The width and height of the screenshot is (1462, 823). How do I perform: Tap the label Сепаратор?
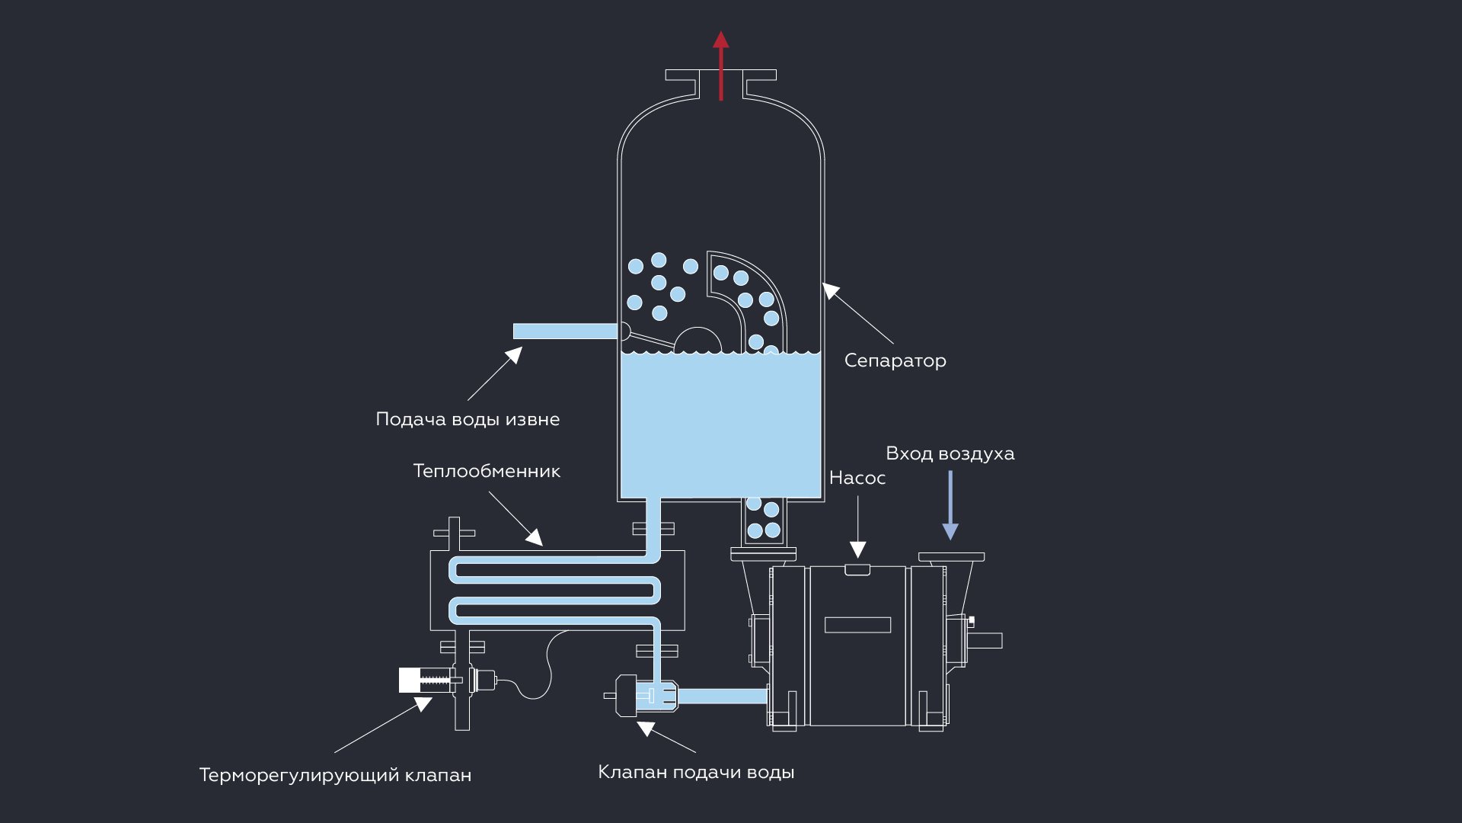895,360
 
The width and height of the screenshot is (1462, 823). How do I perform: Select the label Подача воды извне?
468,419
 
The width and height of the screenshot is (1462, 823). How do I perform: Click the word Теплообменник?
487,471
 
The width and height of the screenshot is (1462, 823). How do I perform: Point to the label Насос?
857,478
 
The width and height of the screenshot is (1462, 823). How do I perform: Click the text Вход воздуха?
950,453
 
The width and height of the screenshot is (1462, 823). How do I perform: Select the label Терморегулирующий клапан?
335,775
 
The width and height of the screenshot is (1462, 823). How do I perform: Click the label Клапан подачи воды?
696,772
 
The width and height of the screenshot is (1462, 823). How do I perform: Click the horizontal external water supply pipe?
563,331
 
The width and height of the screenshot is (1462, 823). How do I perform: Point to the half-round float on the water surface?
697,342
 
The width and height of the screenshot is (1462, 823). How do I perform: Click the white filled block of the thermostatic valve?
409,680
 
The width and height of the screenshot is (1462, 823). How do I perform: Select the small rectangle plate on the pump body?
857,625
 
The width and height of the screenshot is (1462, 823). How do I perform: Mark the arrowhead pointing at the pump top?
857,549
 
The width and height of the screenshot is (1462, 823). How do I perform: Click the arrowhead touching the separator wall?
830,290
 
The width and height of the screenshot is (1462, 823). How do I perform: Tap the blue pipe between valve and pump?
722,696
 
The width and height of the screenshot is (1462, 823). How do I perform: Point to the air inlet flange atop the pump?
951,557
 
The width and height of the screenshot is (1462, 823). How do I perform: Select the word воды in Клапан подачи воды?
771,772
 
